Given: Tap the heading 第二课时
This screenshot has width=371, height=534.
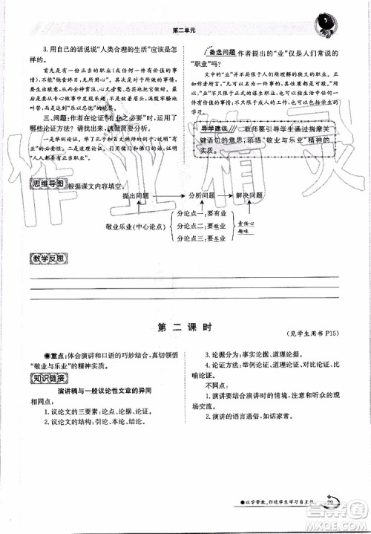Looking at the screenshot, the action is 185,327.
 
